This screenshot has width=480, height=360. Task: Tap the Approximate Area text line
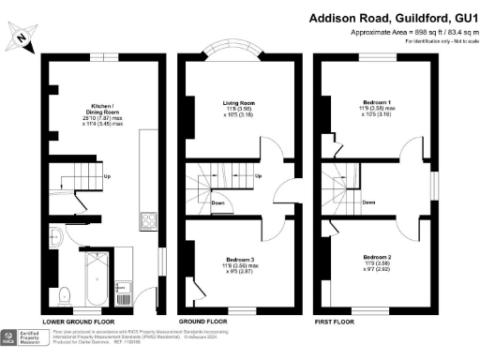pyautogui.click(x=397, y=31)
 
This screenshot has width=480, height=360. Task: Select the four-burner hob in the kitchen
pyautogui.click(x=147, y=222)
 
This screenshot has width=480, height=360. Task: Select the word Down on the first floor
pyautogui.click(x=370, y=202)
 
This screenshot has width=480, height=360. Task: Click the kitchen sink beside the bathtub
pyautogui.click(x=119, y=287)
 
